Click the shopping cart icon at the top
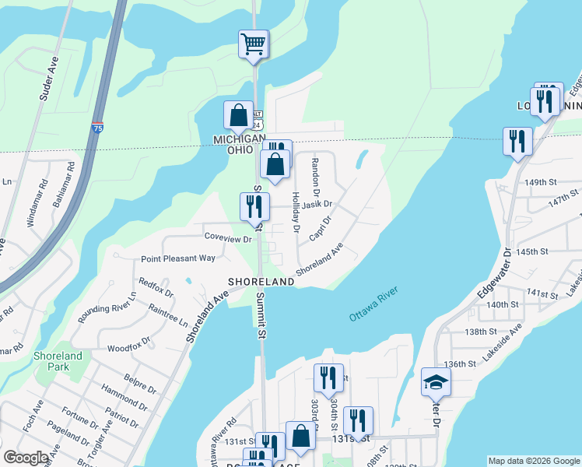click(253, 44)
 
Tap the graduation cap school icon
click(436, 381)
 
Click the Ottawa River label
click(373, 304)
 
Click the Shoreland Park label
click(58, 361)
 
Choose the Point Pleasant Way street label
click(178, 258)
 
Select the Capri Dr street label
click(320, 226)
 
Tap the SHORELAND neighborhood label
click(261, 281)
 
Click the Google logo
click(25, 458)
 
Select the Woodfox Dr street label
click(128, 348)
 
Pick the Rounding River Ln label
click(107, 308)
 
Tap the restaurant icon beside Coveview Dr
click(254, 207)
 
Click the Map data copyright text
click(533, 461)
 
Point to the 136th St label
click(460, 363)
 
